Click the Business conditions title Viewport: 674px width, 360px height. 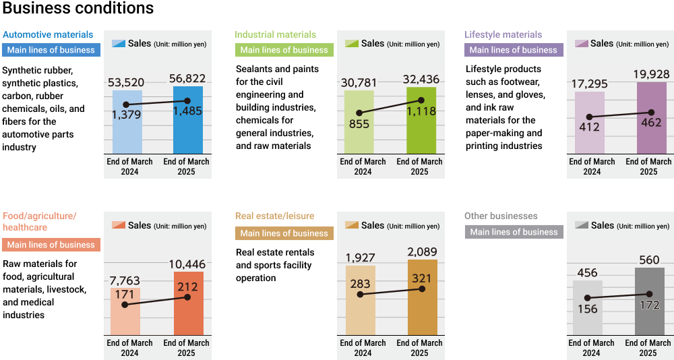(x=78, y=9)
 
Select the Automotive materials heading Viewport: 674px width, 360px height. (x=48, y=34)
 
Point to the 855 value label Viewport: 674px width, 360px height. (x=360, y=125)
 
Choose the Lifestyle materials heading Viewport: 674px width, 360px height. (x=503, y=34)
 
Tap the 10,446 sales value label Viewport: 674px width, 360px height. (x=187, y=264)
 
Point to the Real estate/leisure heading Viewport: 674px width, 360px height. (x=274, y=216)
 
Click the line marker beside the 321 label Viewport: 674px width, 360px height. (x=422, y=289)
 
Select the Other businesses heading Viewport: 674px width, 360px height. (x=501, y=216)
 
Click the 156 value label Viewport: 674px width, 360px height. (x=588, y=309)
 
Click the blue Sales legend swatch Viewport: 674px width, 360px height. (x=119, y=43)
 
